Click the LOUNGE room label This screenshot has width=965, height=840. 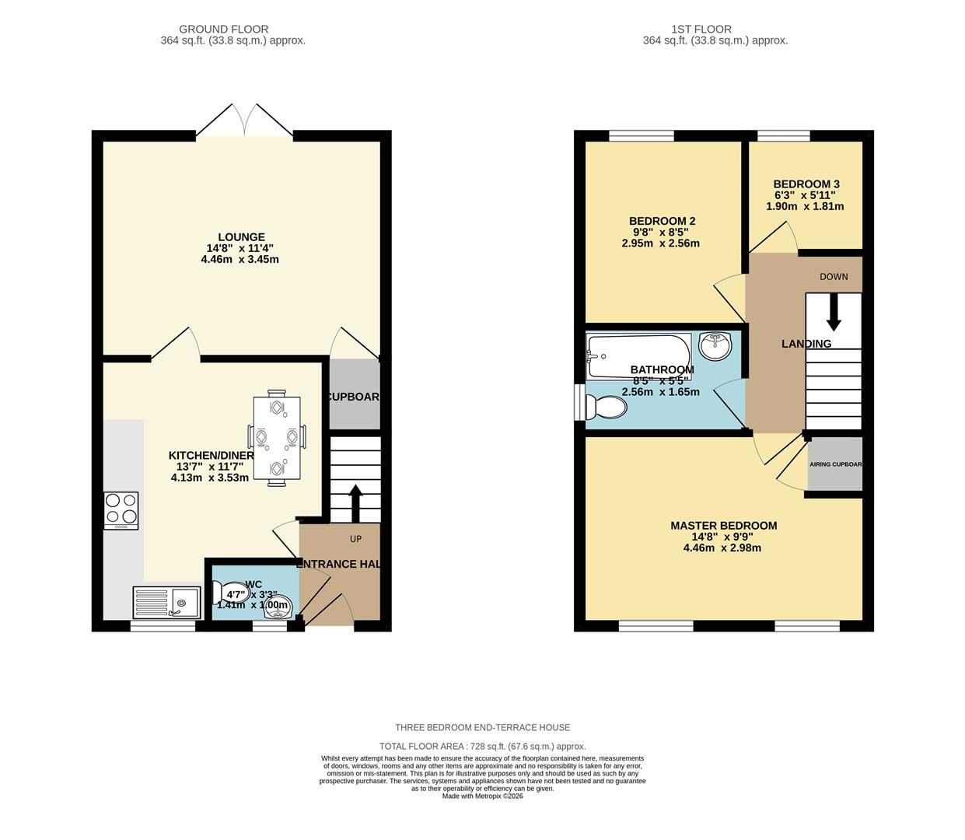click(x=241, y=237)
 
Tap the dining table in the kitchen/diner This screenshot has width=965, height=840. click(x=277, y=440)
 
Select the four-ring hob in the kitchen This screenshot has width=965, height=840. click(x=121, y=510)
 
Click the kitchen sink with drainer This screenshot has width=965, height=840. click(x=167, y=601)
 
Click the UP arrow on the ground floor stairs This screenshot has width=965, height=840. click(x=355, y=502)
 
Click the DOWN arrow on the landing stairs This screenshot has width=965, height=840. click(x=834, y=312)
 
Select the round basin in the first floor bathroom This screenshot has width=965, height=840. click(x=715, y=345)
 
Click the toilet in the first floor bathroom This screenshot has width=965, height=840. click(x=605, y=407)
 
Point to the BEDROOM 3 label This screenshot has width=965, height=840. click(x=806, y=184)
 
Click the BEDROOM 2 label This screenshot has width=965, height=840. click(x=662, y=221)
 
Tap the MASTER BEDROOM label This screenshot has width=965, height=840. click(x=723, y=525)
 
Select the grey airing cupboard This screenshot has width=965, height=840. click(x=835, y=464)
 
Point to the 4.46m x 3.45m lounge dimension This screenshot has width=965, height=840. click(x=240, y=259)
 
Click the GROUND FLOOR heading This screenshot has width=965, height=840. click(x=233, y=29)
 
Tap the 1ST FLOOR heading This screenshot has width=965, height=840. click(x=715, y=29)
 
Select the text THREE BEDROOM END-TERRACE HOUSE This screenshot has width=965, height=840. click(x=482, y=727)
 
